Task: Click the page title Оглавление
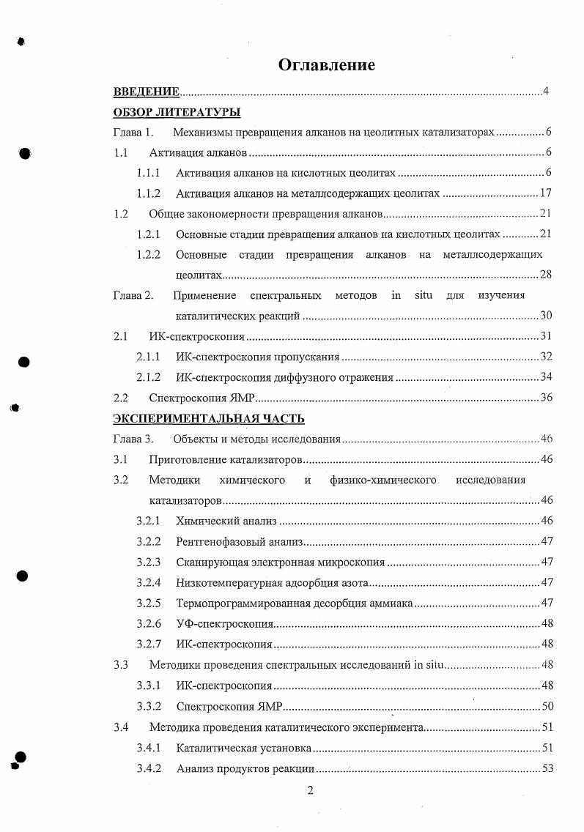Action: pos(326,65)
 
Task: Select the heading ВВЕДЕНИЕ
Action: pos(146,92)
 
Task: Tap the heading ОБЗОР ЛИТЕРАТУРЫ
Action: pos(177,112)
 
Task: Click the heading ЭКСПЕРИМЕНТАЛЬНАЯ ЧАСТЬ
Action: pos(208,418)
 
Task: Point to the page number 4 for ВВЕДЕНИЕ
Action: pos(546,92)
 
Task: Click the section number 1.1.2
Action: pos(148,193)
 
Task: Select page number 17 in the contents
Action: pos(544,193)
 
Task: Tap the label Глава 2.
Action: pos(133,295)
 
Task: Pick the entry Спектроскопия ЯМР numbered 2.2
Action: pos(201,398)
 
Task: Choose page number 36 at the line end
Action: pos(544,398)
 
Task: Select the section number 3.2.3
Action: pos(148,562)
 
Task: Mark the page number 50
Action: pos(545,707)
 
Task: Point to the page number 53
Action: pos(545,768)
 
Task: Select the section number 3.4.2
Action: pos(148,768)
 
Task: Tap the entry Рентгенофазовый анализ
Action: pos(239,541)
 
